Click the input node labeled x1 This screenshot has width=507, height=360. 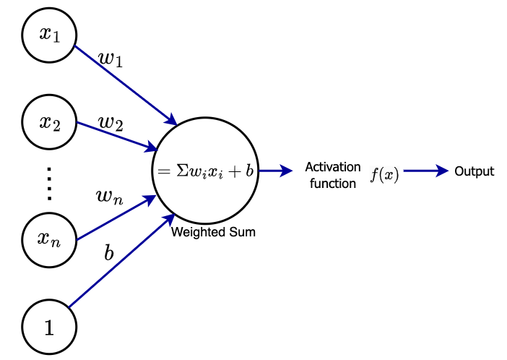[x=49, y=35]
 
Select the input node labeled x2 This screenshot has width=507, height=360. [x=49, y=121]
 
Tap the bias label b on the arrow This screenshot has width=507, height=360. [x=109, y=254]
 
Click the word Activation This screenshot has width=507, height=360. [x=332, y=167]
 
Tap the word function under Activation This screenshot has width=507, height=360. [x=332, y=184]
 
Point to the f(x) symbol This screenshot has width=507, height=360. [x=384, y=175]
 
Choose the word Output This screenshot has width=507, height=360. [x=474, y=171]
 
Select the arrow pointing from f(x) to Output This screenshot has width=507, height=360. [x=426, y=171]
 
